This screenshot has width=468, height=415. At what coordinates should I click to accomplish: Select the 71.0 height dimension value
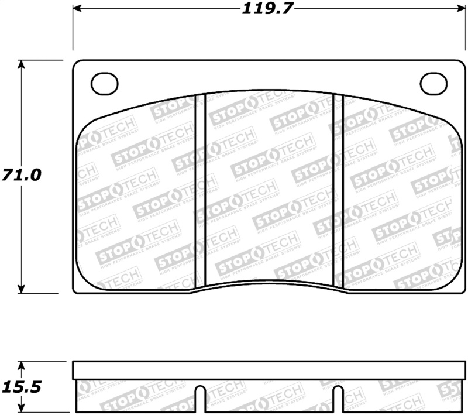(x=22, y=175)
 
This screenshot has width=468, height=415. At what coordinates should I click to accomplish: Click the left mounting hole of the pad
(x=104, y=84)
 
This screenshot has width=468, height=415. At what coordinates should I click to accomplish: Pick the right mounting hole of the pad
(x=433, y=84)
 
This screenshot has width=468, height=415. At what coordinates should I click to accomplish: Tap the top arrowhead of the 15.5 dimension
(x=22, y=365)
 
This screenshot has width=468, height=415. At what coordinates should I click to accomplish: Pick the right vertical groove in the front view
(x=338, y=190)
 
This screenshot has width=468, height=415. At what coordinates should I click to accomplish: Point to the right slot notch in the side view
(x=338, y=398)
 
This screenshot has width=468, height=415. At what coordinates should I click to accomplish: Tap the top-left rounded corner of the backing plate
(x=76, y=63)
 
